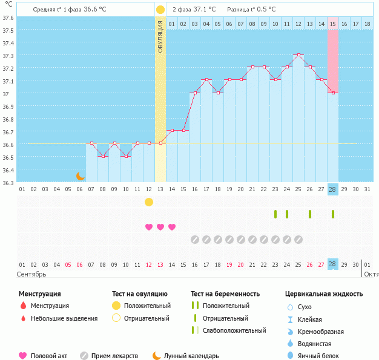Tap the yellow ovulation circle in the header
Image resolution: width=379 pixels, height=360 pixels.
(160, 10)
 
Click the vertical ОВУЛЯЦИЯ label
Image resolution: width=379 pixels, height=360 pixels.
(160, 36)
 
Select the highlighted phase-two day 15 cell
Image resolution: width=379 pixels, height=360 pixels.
(333, 24)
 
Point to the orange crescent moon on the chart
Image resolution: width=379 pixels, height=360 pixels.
(81, 176)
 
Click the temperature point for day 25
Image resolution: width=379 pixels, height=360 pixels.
(298, 54)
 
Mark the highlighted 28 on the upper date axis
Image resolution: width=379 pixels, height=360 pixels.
(332, 189)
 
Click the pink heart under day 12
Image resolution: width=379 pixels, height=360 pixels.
(149, 227)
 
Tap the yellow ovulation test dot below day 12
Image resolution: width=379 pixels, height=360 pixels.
(149, 201)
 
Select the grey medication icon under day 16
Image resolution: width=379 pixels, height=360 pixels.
(195, 240)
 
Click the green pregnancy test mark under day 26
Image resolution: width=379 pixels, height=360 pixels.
(310, 214)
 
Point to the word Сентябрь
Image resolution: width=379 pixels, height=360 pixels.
(32, 273)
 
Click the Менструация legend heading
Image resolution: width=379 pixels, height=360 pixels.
(39, 294)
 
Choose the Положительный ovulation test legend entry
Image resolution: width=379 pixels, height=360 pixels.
(147, 306)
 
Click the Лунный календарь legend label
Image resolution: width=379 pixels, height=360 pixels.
(190, 356)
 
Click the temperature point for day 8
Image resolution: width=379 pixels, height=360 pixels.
(103, 156)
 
